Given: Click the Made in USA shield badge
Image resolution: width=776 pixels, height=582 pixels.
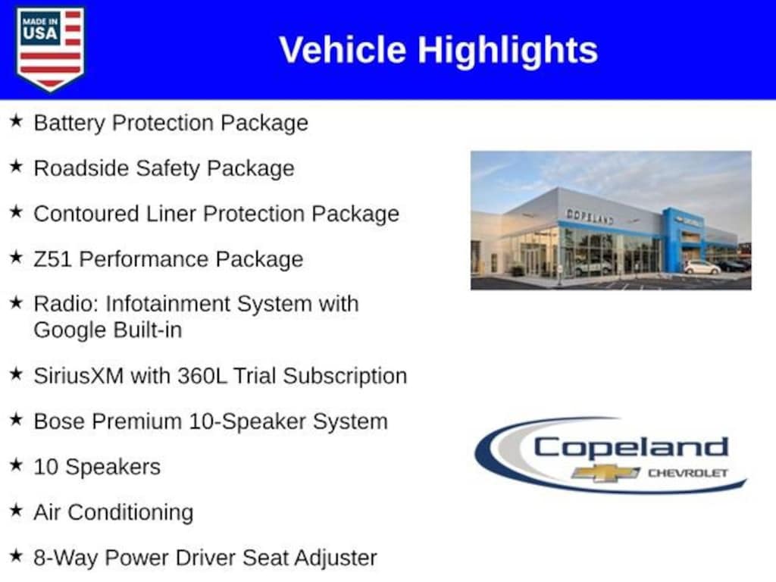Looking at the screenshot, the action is (x=50, y=48).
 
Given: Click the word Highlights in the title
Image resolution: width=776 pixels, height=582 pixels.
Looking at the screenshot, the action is (x=508, y=51).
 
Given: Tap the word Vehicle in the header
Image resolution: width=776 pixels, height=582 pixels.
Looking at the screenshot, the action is (x=343, y=50).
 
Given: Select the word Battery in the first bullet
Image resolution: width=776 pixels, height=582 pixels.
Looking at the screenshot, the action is (x=69, y=124).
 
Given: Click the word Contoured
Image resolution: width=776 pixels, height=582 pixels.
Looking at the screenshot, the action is (x=86, y=214).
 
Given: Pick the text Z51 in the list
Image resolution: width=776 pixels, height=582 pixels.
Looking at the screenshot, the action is (x=52, y=259).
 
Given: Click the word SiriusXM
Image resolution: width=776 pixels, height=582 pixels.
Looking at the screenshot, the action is (x=79, y=376).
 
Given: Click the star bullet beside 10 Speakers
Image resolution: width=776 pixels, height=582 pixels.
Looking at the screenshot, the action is (x=17, y=465).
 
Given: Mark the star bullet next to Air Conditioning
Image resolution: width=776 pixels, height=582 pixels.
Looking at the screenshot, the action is (x=17, y=510).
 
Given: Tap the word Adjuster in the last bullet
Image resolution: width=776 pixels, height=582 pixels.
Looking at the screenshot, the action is (x=336, y=559).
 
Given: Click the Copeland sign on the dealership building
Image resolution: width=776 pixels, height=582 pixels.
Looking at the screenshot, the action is (x=590, y=216).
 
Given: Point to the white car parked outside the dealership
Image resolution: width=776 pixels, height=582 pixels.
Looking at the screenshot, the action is (x=702, y=268).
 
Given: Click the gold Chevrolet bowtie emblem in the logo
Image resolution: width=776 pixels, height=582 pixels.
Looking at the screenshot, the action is (x=605, y=473).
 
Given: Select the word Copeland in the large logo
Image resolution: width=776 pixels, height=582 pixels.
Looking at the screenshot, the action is (x=630, y=447).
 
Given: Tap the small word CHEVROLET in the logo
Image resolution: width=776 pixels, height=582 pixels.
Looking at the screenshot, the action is (x=688, y=473).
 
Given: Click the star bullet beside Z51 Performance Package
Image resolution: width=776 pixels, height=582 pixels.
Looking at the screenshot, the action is (x=17, y=258).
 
